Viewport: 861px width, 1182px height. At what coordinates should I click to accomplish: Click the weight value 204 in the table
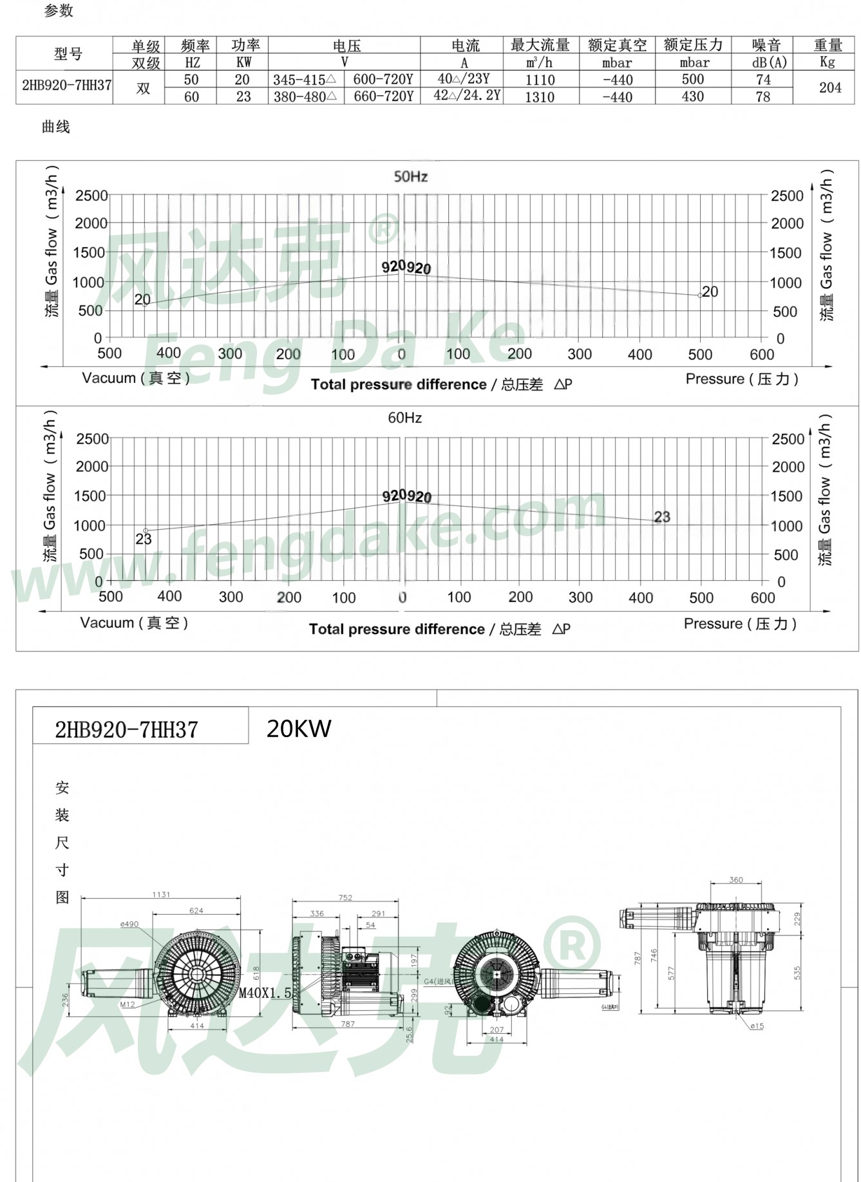click(x=829, y=88)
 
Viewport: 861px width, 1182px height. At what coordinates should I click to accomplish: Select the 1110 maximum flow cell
click(x=540, y=80)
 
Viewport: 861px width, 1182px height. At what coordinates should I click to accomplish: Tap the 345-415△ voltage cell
click(x=305, y=80)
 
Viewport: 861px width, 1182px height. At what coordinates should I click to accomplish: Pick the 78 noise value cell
click(x=762, y=97)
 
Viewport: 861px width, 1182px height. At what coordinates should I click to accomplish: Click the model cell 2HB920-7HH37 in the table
click(x=66, y=85)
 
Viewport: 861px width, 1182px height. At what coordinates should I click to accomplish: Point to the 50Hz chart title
click(x=410, y=176)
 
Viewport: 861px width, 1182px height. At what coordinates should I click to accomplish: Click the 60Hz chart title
click(x=404, y=418)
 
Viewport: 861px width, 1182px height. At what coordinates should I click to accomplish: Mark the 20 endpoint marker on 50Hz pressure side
click(x=701, y=295)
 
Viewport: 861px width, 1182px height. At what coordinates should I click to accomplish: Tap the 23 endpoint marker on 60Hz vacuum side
click(x=146, y=530)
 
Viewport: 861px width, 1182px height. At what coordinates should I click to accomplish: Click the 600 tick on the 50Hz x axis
click(x=761, y=354)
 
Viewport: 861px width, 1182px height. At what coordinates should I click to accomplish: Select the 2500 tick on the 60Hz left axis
click(x=92, y=439)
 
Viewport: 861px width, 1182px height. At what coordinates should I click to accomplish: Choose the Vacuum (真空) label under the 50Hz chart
click(x=136, y=378)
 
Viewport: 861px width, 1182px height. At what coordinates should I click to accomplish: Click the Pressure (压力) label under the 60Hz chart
click(x=740, y=623)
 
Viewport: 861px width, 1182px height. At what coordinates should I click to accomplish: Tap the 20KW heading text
click(x=299, y=729)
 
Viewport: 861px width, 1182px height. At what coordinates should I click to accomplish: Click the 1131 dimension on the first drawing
click(x=161, y=894)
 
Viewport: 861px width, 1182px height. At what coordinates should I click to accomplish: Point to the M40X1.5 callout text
click(x=265, y=993)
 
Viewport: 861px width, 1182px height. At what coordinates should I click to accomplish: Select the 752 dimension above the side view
click(x=345, y=897)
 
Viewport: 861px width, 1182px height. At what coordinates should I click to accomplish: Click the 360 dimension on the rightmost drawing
click(x=735, y=879)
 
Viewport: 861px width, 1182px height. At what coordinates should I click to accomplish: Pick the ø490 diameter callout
click(x=129, y=924)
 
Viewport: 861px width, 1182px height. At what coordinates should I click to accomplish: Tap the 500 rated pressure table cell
click(x=693, y=79)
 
